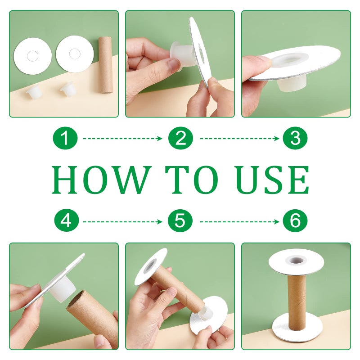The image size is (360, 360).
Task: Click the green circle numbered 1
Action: click(65, 138)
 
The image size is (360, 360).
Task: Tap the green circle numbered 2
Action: click(180, 138)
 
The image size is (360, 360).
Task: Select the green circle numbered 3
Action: click(295, 138)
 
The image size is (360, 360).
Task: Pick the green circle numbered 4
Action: click(67, 221)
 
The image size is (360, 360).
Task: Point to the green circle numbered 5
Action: click(180, 221)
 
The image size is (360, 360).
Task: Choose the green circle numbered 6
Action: click(295, 221)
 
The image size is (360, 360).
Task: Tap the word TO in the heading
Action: click(192, 180)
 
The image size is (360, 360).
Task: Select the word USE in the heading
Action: click(273, 180)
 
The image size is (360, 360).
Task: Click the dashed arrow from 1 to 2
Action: click(122, 139)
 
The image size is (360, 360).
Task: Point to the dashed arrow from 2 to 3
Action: click(239, 139)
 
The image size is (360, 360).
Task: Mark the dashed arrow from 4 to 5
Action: click(122, 222)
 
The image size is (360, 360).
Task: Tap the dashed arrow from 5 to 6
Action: click(239, 222)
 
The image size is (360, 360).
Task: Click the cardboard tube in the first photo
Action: click(105, 64)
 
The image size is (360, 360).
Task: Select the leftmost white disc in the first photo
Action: click(32, 55)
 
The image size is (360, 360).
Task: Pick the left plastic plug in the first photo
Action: click(32, 92)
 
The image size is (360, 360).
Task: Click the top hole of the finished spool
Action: click(296, 261)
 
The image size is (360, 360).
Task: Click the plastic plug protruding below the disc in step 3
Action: click(291, 84)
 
